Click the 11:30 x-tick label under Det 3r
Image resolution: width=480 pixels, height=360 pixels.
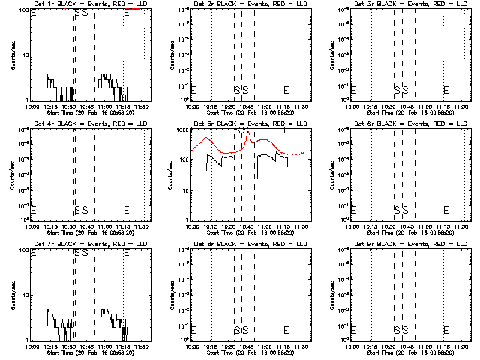click(463, 106)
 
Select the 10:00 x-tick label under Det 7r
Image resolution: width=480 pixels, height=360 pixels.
click(32, 346)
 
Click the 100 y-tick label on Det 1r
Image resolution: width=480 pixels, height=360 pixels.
click(24, 10)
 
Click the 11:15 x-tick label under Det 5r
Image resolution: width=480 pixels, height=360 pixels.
click(283, 226)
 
